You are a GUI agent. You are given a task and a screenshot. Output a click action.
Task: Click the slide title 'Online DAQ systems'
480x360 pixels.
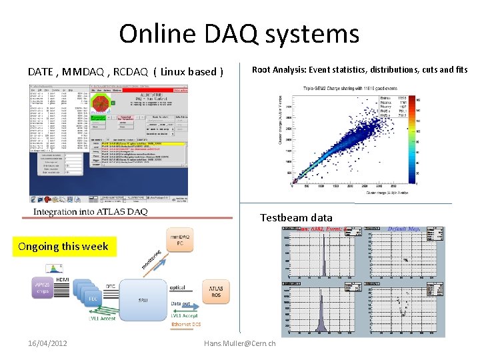point(239,34)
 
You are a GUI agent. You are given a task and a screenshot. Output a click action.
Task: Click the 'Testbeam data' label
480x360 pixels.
point(296,217)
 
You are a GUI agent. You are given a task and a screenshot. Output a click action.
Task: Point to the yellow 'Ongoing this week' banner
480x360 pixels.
point(63,246)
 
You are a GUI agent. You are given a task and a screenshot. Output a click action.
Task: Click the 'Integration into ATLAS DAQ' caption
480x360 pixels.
point(91,212)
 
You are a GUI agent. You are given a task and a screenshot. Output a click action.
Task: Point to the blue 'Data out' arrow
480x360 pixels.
point(191,306)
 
